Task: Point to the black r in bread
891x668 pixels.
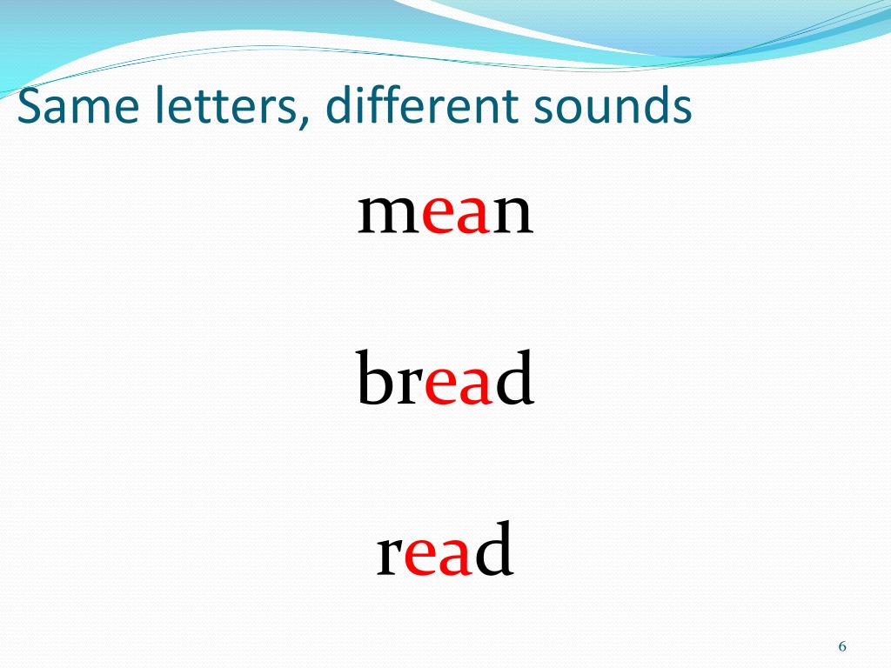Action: click(411, 388)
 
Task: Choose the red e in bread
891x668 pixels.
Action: click(442, 388)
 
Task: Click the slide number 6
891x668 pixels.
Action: click(842, 646)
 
